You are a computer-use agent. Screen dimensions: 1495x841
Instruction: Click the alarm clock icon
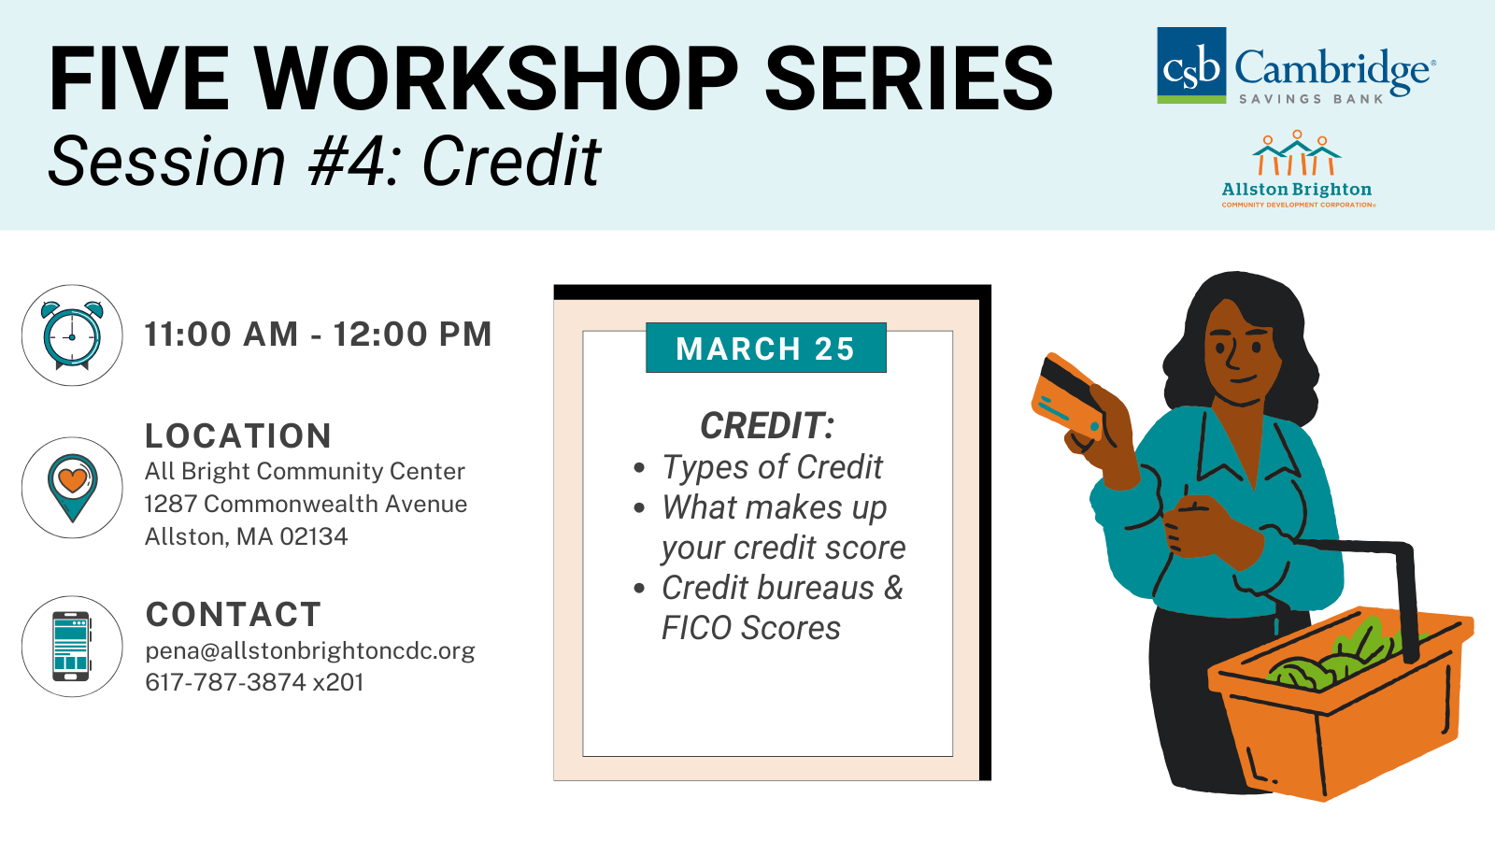[x=72, y=335]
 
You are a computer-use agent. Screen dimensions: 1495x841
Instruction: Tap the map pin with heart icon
[x=72, y=487]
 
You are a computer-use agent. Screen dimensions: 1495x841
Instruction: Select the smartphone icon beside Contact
[x=71, y=646]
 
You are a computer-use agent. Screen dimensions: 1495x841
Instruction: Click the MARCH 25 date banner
[x=765, y=348]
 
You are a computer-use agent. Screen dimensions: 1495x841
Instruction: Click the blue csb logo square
[x=1191, y=65]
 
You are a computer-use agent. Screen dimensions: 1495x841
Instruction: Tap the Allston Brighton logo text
[x=1296, y=190]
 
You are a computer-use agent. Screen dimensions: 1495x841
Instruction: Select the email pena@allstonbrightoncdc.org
[x=309, y=650]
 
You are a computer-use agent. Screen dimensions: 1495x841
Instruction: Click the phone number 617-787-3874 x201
[x=254, y=682]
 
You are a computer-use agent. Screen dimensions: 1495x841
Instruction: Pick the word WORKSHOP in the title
[x=496, y=78]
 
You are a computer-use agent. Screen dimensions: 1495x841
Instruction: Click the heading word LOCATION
[x=238, y=435]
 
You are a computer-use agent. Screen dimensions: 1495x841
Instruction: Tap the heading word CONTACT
[x=234, y=614]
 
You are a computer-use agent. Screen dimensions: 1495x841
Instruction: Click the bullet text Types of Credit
[x=772, y=467]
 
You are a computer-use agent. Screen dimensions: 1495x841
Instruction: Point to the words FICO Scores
[x=751, y=628]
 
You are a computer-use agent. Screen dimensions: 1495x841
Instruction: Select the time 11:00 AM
[x=221, y=334]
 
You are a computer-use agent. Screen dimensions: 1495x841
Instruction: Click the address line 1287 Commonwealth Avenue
[x=306, y=504]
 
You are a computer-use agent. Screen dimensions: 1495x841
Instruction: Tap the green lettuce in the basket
[x=1335, y=658]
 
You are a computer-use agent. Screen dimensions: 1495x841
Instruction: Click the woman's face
[x=1242, y=354]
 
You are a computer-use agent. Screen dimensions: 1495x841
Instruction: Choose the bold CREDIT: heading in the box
[x=767, y=426]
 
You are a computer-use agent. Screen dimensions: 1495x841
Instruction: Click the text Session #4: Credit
[x=324, y=162]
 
